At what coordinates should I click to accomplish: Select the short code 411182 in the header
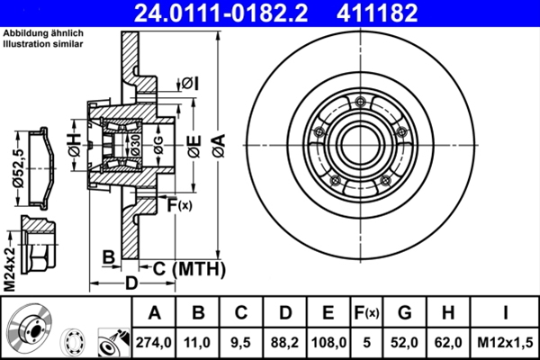403,12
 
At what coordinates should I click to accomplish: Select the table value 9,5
242,341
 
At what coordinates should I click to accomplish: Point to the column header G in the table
404,313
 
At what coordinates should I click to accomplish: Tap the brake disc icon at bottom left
28,330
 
